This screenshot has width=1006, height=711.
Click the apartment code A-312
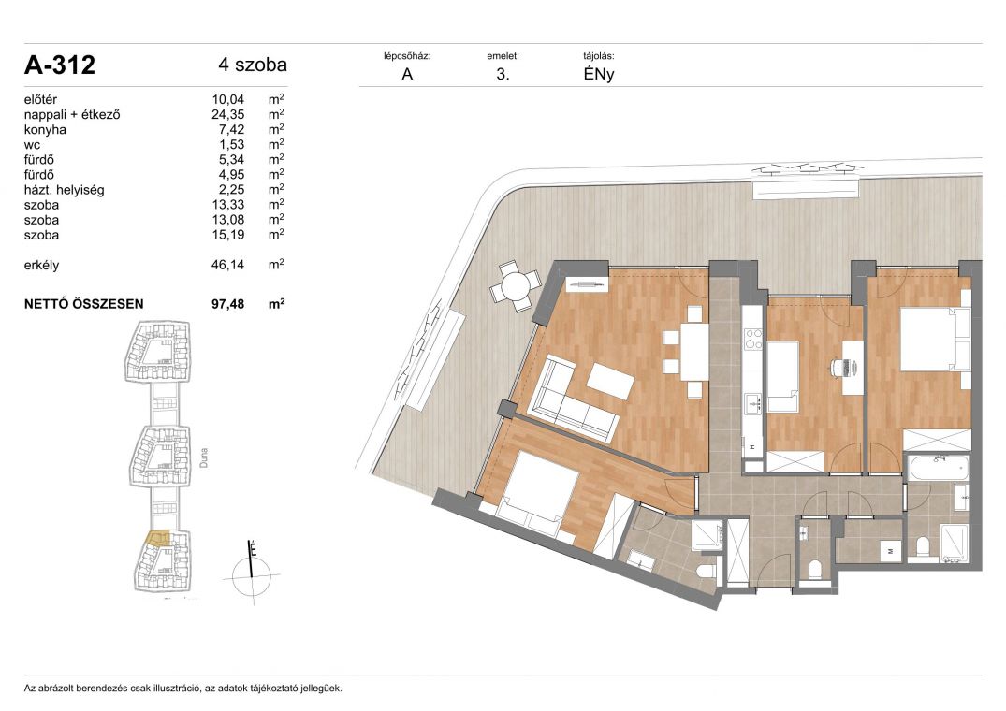[x=60, y=65]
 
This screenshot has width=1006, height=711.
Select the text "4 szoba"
[x=253, y=65]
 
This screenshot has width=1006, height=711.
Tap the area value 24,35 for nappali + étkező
[x=227, y=115]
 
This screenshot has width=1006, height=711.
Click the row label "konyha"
[x=45, y=129]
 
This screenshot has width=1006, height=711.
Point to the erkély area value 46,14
[x=227, y=265]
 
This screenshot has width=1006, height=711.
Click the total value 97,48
[x=227, y=304]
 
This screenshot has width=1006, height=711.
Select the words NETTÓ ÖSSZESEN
[x=84, y=304]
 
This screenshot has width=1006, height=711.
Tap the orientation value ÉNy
[x=599, y=74]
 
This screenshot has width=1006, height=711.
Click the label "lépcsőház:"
[x=407, y=56]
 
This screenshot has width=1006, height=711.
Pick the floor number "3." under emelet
[x=503, y=74]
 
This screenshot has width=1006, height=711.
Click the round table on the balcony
[x=516, y=285]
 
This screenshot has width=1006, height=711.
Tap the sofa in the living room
[x=569, y=398]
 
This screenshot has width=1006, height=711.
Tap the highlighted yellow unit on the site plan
[x=158, y=538]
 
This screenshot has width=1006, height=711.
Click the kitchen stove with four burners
[x=752, y=338]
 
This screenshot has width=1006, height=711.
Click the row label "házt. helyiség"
[x=65, y=190]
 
